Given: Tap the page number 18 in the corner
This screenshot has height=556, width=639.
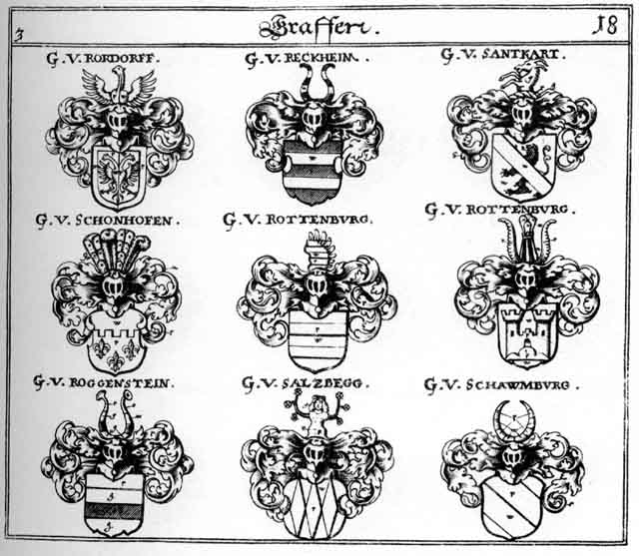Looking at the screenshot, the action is (x=604, y=26).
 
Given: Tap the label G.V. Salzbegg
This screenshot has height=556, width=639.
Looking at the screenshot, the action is (x=306, y=382).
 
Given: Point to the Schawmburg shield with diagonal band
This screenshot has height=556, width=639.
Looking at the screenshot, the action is (x=510, y=503).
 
